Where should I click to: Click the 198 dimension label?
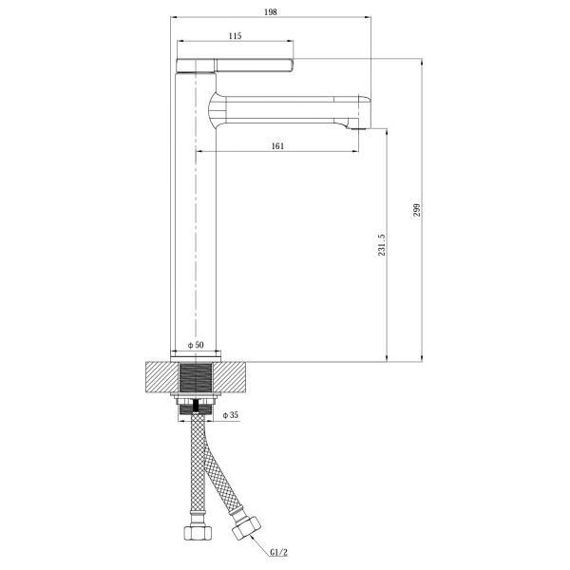coord(271,12)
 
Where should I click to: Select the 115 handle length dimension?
coord(236,36)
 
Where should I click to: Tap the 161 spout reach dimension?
coord(277,146)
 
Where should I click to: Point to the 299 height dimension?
coord(417,210)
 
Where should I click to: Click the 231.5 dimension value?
coord(381,245)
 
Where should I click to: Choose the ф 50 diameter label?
coord(196,345)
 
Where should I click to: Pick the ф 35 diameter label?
coord(231,415)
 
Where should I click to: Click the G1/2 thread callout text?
coord(278,553)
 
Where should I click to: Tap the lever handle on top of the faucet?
coord(235,66)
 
